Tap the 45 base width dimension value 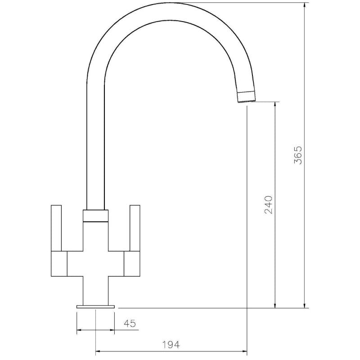tap(130, 323)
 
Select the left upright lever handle tap(56, 227)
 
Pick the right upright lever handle tap(135, 227)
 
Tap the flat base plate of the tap tap(95, 306)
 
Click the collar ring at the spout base tap(95, 216)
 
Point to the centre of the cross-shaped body tap(95, 263)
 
